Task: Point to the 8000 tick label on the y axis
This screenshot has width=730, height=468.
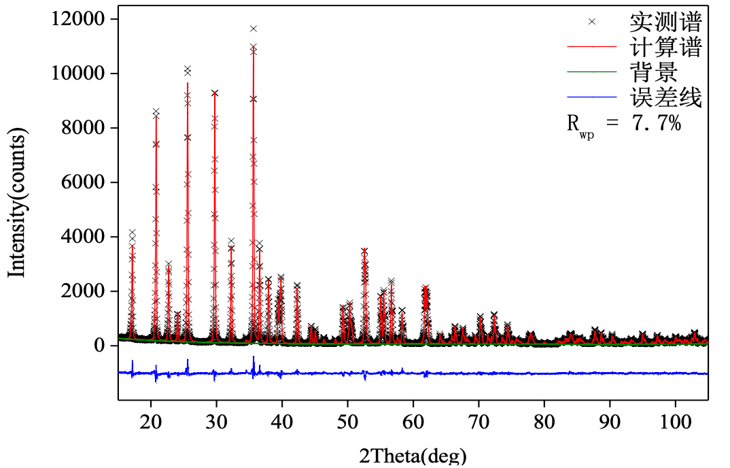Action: click(x=84, y=128)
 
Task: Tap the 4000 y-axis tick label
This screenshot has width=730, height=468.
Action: click(x=84, y=237)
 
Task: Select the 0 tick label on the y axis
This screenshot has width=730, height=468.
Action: click(x=100, y=346)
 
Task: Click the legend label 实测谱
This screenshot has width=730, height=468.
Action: click(x=665, y=22)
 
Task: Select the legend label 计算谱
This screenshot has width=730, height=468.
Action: click(x=665, y=47)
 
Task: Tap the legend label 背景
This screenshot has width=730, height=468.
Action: click(x=654, y=72)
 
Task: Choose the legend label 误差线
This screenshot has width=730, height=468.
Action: click(x=665, y=97)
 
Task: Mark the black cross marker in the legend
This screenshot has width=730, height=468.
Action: click(x=592, y=22)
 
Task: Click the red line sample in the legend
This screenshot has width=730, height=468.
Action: click(x=591, y=47)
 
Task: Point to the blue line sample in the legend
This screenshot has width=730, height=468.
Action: click(x=591, y=97)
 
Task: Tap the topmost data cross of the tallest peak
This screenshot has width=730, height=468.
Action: click(x=254, y=29)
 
